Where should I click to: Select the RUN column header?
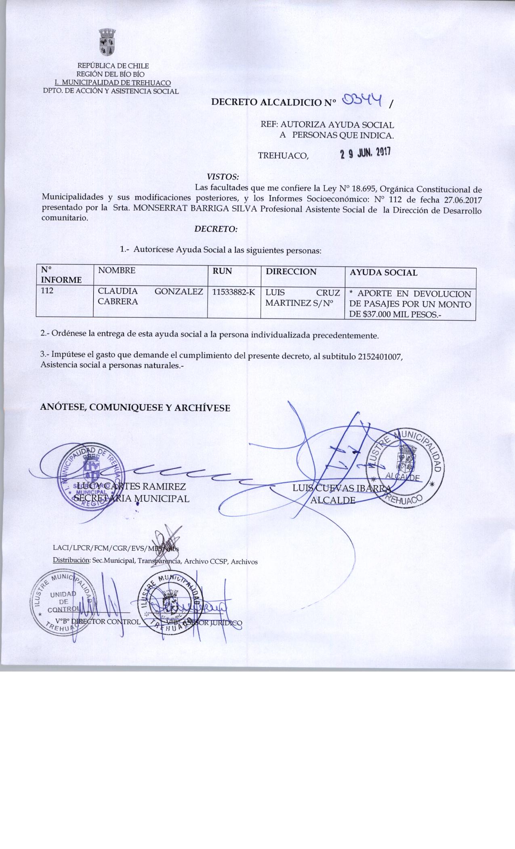(223, 271)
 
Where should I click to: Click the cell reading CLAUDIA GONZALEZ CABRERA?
(148, 296)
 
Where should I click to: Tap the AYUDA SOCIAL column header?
(383, 272)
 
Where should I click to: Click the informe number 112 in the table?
(48, 290)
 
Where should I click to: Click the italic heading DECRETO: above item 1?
(216, 229)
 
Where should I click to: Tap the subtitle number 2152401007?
(380, 356)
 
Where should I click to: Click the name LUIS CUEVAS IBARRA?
(343, 488)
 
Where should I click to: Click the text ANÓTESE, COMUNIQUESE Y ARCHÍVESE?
(135, 408)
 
